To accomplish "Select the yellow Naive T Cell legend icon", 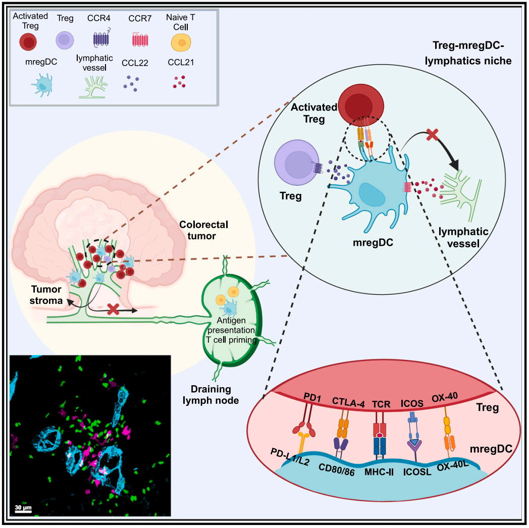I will pos(179,42).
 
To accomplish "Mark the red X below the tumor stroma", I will pos(114,309).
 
